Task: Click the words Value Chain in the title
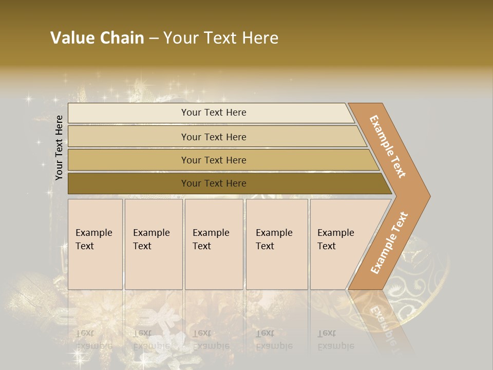click(97, 38)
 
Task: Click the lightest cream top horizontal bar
click(213, 113)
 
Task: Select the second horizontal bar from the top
click(213, 137)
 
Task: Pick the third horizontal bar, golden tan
click(213, 160)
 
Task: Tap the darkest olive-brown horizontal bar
click(213, 183)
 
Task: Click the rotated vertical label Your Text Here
click(59, 147)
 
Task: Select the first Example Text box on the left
click(95, 244)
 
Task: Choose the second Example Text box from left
click(153, 244)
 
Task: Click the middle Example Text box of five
click(214, 244)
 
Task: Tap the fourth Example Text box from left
click(277, 244)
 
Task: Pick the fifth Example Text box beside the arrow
click(339, 244)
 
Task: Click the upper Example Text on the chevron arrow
click(388, 146)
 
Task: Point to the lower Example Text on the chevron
click(389, 243)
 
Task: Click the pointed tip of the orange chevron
click(428, 196)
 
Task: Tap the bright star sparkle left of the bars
click(29, 99)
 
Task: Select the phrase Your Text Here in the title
click(221, 38)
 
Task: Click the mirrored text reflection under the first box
click(94, 339)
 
